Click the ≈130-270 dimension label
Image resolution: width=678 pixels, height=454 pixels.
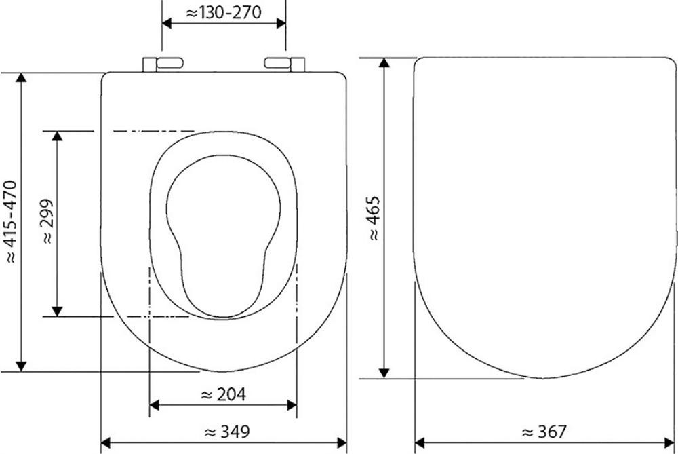tap(224, 12)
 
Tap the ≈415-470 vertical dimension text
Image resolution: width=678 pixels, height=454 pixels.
tap(10, 222)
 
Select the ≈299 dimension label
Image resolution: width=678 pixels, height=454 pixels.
tap(47, 221)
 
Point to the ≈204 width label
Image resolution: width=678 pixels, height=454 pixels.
tap(224, 394)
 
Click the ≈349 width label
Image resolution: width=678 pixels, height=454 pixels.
tap(227, 432)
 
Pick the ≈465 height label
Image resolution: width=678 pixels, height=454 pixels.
tap(373, 218)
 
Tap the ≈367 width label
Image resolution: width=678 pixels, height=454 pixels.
tap(544, 432)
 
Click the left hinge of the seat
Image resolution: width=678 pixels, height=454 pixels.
tap(163, 64)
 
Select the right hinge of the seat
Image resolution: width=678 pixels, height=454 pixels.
tap(284, 64)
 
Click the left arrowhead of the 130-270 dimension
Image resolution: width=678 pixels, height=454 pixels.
tap(167, 23)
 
